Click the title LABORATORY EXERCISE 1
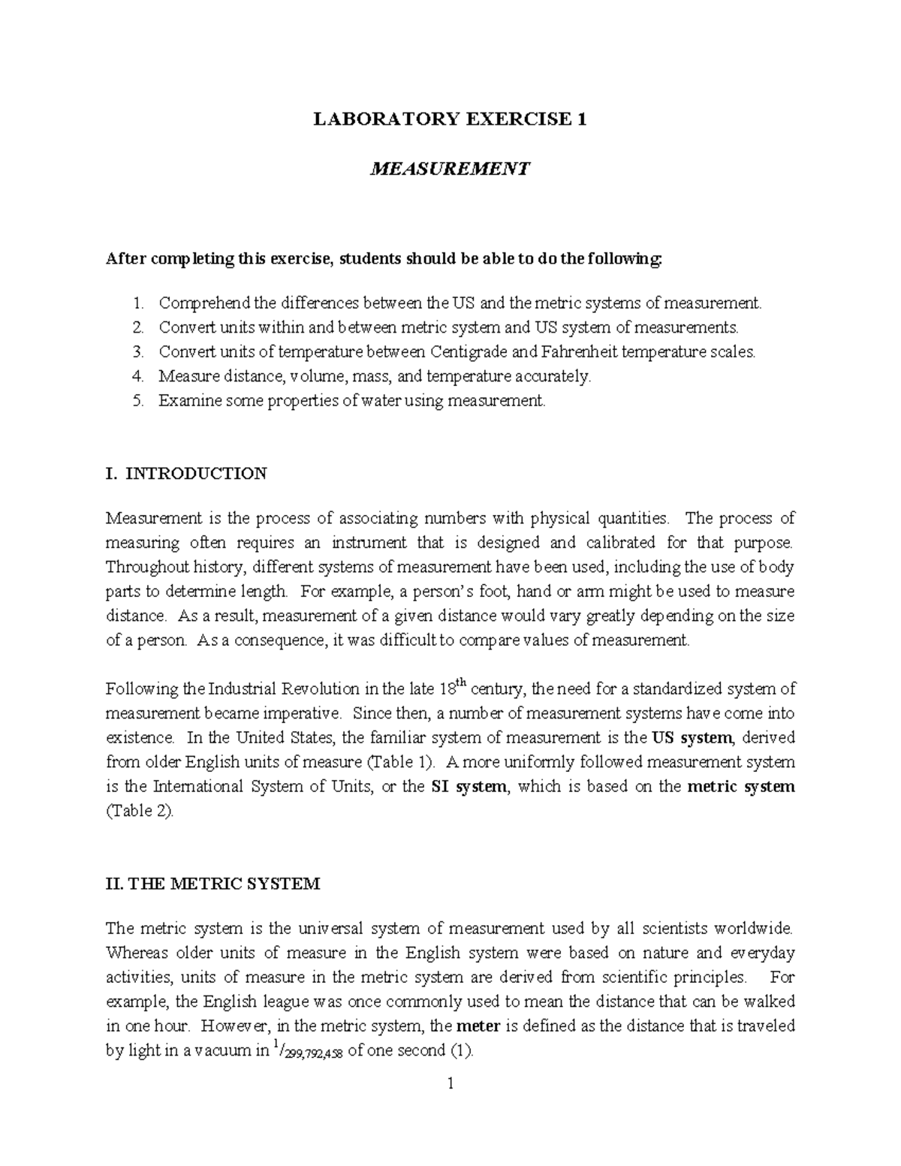450,119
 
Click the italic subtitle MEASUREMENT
450,168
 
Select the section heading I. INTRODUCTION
186,474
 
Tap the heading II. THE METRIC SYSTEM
213,884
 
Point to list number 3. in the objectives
137,352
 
